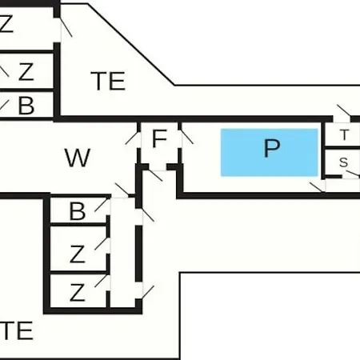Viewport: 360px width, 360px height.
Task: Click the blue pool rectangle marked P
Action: click(270, 153)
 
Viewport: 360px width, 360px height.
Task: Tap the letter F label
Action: click(159, 138)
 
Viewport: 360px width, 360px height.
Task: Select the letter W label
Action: click(78, 158)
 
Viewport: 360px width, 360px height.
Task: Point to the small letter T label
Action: click(345, 134)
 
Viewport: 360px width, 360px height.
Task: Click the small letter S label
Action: click(344, 162)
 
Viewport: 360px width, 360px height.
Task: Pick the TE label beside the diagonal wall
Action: click(108, 81)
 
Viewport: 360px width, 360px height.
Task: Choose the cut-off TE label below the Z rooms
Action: click(17, 330)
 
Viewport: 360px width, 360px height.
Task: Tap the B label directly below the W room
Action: click(78, 211)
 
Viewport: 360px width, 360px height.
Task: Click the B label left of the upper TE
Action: click(26, 106)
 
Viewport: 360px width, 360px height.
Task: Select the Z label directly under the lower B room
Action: click(78, 254)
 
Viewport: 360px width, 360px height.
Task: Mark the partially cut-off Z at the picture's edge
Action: click(6, 24)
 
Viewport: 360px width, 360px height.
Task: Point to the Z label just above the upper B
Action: click(26, 71)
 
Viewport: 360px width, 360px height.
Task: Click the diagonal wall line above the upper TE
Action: click(131, 45)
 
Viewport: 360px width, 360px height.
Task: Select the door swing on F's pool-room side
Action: click(187, 137)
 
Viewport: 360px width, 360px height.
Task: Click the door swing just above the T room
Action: click(344, 110)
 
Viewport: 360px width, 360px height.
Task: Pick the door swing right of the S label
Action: click(353, 174)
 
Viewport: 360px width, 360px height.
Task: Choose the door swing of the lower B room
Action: click(102, 205)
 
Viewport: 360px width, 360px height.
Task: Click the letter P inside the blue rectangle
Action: click(272, 148)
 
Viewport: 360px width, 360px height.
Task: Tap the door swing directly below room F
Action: click(155, 175)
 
